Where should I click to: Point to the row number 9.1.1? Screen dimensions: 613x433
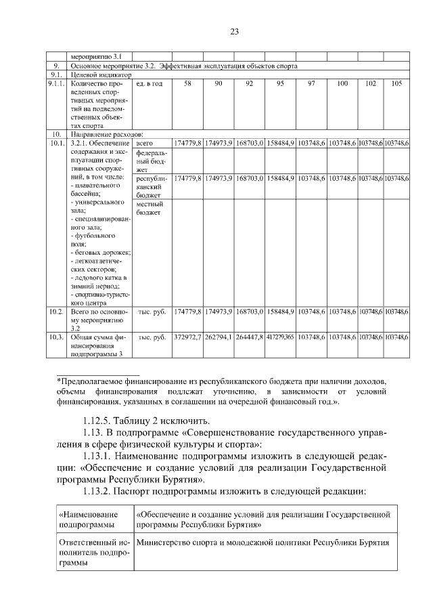coord(56,83)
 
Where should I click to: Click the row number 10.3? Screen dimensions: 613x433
coord(56,337)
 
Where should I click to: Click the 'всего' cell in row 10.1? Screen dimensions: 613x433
coord(145,144)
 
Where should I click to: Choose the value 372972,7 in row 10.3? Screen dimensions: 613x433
coord(187,337)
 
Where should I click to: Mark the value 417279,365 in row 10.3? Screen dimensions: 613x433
coord(279,337)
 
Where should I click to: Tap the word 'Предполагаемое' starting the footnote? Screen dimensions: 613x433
coord(95,381)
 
